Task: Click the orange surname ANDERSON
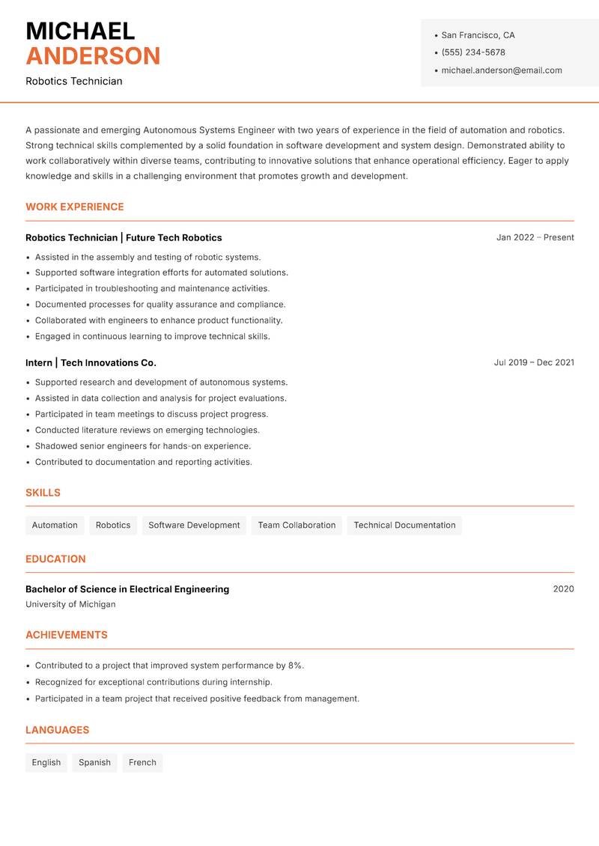93,56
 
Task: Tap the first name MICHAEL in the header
80,31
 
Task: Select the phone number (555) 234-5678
472,52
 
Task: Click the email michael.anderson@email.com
501,70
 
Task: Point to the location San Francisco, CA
478,35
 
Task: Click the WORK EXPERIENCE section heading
75,207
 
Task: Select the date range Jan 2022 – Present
535,237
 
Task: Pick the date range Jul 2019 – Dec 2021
534,362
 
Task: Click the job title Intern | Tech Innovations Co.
91,362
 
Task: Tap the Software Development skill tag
194,525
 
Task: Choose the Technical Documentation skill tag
404,525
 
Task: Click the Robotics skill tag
113,525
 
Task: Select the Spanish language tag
94,762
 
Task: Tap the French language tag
142,762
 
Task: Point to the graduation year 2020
563,589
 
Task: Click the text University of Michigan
70,604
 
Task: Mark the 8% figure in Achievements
295,666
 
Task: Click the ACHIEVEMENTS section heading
67,635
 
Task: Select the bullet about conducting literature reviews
147,430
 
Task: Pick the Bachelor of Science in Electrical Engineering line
127,589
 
